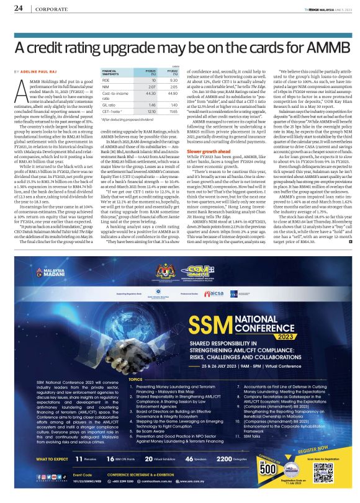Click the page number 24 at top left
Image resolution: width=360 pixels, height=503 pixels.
(x=18, y=9)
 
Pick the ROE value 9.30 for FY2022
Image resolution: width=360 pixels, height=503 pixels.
(x=173, y=80)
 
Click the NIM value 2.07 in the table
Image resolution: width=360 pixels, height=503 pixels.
(x=150, y=88)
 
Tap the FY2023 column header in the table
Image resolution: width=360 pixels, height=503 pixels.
(x=150, y=72)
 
